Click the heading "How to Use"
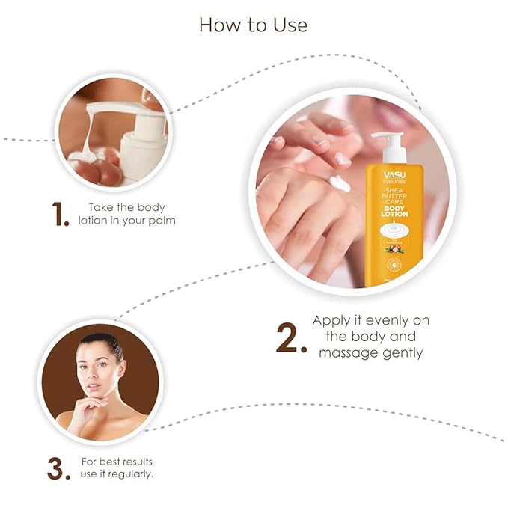[253, 25]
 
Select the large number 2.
[290, 337]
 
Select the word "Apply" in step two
[331, 320]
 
